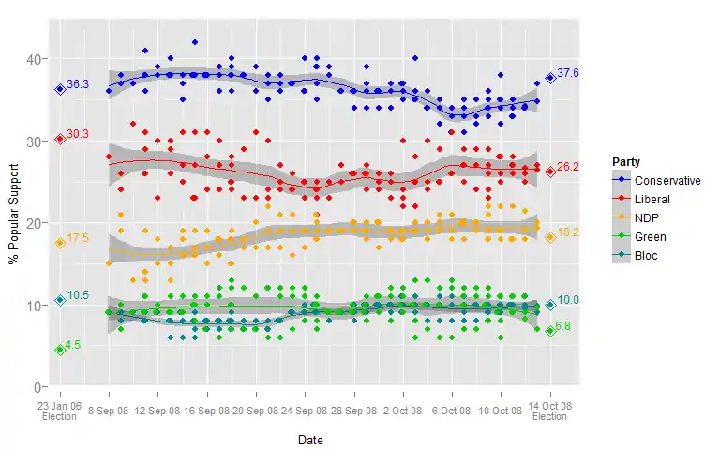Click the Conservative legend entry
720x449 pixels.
coord(667,181)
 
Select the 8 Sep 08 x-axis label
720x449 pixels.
coord(109,410)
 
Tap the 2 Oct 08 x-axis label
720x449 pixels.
coord(403,410)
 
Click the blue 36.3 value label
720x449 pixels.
coord(78,84)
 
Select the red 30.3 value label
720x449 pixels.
coord(78,134)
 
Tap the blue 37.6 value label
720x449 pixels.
coord(568,73)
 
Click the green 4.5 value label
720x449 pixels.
coord(74,345)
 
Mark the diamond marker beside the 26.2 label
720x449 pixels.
coord(550,172)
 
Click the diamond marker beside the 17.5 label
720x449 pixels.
coord(60,243)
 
